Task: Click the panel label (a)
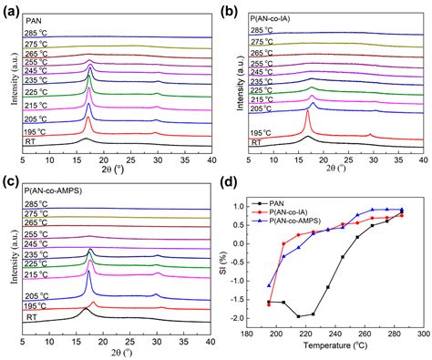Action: pyautogui.click(x=14, y=10)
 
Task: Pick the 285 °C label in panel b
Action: pyautogui.click(x=263, y=31)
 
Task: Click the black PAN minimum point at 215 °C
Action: pyautogui.click(x=297, y=316)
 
